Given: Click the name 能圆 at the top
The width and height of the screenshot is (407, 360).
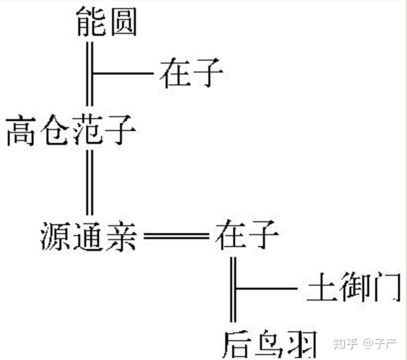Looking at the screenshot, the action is click(107, 21).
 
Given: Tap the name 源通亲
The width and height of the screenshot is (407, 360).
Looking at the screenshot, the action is click(89, 236).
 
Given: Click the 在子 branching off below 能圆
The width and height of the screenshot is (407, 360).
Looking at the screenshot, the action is click(192, 73).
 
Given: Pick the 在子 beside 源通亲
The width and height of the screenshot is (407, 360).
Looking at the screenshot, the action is click(247, 234).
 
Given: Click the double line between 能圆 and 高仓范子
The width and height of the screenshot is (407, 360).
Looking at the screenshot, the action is click(90, 74).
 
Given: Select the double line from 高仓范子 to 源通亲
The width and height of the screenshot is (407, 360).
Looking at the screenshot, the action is click(90, 182).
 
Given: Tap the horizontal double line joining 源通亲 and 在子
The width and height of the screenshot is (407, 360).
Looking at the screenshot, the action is click(176, 236).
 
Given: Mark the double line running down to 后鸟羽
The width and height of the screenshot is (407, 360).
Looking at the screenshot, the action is click(233, 289).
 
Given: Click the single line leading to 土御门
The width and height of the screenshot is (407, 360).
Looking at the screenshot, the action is click(267, 288).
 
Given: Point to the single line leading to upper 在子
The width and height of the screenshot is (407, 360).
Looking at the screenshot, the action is click(123, 73).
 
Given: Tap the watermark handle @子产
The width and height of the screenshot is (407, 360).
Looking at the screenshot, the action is click(380, 344).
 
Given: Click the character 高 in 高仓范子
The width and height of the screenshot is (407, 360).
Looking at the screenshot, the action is click(21, 131).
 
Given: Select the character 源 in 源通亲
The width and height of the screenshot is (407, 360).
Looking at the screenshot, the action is click(55, 236).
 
